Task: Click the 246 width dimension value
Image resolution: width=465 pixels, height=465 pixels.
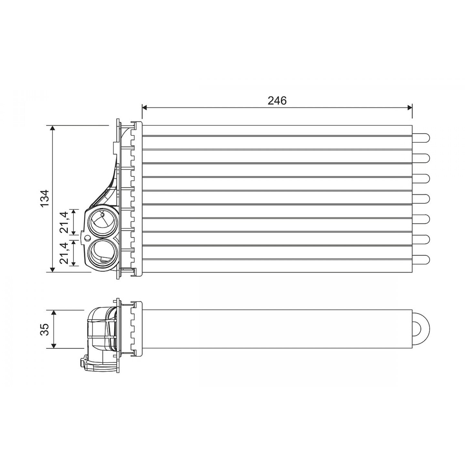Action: click(277, 100)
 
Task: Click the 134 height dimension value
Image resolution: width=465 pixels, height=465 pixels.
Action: click(45, 198)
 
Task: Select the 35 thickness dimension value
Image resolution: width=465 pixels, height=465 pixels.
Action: click(45, 329)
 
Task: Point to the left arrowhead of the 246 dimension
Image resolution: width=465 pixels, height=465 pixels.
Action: click(145, 108)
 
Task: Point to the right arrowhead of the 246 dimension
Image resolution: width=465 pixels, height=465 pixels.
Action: click(410, 108)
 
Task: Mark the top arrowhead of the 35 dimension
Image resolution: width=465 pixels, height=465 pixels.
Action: click(54, 313)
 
